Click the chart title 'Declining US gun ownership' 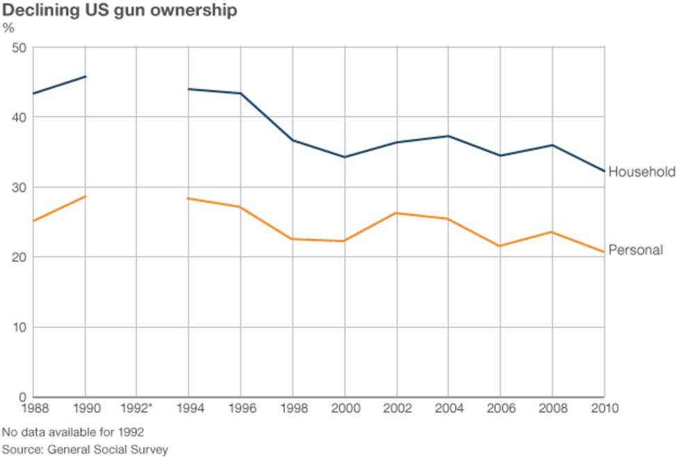click(120, 10)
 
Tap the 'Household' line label click(641, 172)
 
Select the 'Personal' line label click(636, 250)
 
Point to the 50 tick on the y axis click(19, 47)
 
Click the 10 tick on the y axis click(19, 327)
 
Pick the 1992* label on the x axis click(136, 408)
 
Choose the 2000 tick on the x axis click(345, 408)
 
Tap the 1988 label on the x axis click(33, 408)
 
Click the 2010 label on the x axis click(604, 408)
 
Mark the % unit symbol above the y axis click(8, 28)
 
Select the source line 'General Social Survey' click(85, 449)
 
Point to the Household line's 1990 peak click(85, 76)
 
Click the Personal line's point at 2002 click(397, 213)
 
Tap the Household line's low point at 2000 click(345, 157)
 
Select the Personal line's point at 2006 click(500, 246)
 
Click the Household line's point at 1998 click(292, 140)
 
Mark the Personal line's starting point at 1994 click(189, 198)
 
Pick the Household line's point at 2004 click(448, 136)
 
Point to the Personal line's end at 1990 click(85, 196)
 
